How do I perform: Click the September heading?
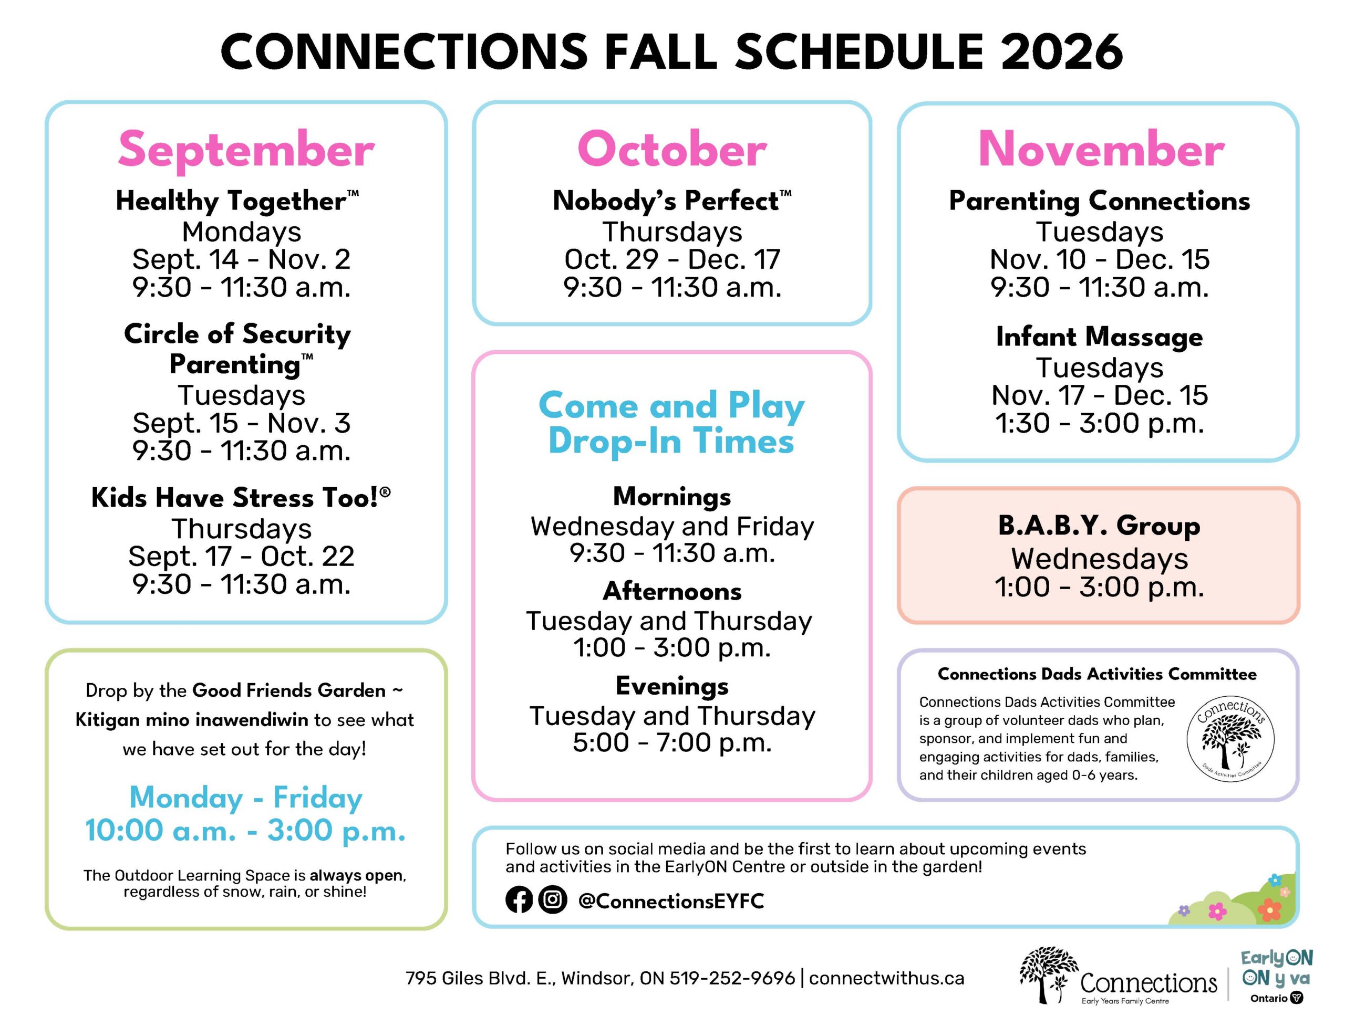(246, 150)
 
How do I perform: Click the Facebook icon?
(519, 900)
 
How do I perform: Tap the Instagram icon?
(552, 900)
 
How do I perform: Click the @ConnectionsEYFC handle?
(671, 900)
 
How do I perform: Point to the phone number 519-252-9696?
(732, 978)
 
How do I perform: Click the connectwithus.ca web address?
(886, 978)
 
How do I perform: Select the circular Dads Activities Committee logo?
(1230, 739)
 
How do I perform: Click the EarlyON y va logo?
(1277, 976)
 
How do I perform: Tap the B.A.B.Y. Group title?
(1099, 526)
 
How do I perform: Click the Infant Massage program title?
(1099, 337)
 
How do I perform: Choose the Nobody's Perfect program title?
(671, 201)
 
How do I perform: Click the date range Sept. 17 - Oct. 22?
(241, 557)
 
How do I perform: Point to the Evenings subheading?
(671, 686)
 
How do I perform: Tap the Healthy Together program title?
(237, 201)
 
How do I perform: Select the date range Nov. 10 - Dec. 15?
(1099, 259)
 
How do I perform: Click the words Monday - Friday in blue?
(246, 797)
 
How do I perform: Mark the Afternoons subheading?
(671, 591)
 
